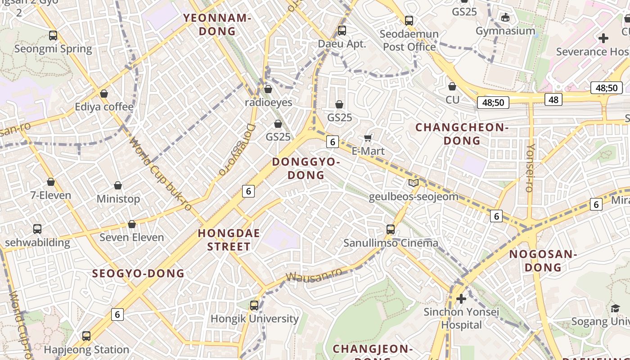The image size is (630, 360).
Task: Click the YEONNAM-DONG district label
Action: [217, 25]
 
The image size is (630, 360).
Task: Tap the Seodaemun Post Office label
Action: [409, 40]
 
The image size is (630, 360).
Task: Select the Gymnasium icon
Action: [505, 18]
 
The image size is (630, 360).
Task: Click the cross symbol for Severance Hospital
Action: [603, 38]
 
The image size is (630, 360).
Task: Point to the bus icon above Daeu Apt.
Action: [342, 31]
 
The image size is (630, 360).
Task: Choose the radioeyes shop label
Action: [268, 103]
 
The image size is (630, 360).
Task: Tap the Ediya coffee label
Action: [104, 107]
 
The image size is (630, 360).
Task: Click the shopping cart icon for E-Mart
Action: [368, 138]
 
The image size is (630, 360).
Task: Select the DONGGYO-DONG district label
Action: [306, 168]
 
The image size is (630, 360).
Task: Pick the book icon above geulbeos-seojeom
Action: [413, 183]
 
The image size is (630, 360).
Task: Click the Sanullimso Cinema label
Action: [391, 243]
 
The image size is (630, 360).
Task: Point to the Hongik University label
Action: [255, 319]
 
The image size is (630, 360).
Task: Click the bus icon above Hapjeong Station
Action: [86, 336]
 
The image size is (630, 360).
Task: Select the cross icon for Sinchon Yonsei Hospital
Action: [461, 298]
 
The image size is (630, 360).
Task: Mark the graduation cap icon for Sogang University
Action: [615, 308]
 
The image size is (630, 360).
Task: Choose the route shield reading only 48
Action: [553, 99]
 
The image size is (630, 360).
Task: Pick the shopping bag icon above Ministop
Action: [118, 185]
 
